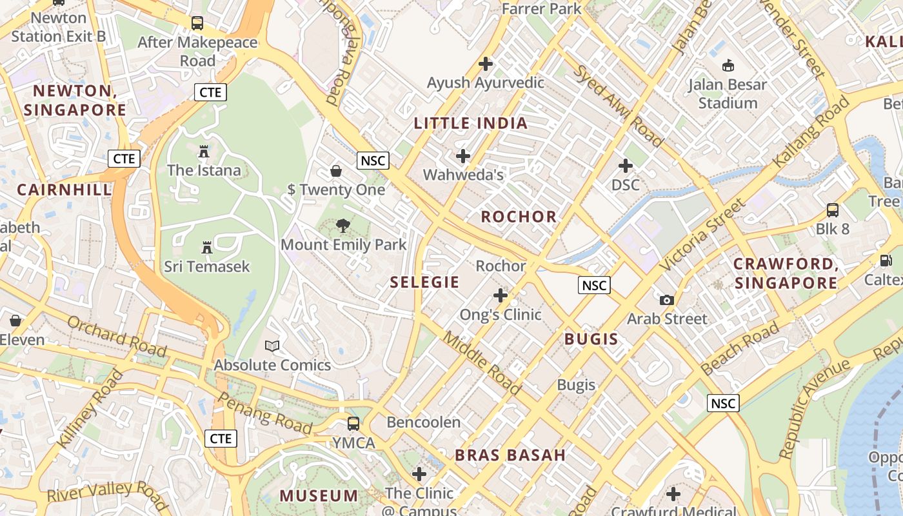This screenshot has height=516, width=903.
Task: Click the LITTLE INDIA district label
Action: tap(470, 123)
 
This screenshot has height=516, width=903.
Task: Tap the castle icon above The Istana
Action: tap(204, 152)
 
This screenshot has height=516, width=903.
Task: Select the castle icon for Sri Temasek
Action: tap(207, 248)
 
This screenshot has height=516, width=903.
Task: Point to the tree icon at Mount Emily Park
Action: tap(343, 226)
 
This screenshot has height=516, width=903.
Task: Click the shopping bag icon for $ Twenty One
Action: tap(336, 171)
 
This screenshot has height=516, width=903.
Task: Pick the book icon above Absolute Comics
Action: tap(272, 346)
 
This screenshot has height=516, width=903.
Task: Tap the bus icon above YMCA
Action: tap(353, 424)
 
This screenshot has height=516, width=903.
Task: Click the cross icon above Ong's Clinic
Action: tap(501, 296)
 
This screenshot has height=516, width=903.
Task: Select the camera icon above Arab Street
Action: tap(667, 300)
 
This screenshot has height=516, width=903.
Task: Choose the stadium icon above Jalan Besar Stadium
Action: tap(728, 66)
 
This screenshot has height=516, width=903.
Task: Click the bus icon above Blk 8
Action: tap(833, 210)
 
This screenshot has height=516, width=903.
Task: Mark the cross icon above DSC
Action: tap(625, 166)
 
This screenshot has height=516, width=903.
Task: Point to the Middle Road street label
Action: tap(482, 364)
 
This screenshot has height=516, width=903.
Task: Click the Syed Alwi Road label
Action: tap(618, 106)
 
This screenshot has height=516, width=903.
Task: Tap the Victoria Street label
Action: tap(702, 236)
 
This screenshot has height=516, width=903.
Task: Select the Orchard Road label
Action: tap(117, 335)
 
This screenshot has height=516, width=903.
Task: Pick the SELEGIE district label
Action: tap(424, 282)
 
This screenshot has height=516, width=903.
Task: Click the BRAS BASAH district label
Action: tap(510, 455)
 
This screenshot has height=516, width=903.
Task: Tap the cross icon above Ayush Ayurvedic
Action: tap(486, 64)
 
